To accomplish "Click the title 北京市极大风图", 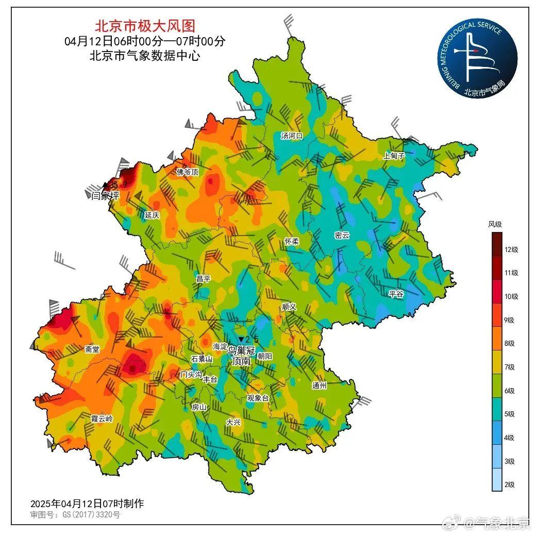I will tap(145, 25).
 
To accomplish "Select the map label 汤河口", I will tap(292, 136).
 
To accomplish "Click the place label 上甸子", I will tap(394, 156).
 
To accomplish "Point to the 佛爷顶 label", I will tap(188, 172).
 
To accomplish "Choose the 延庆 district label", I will tap(152, 215).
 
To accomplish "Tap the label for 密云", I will tap(342, 236).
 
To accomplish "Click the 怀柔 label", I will tap(292, 241).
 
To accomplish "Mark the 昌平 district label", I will tap(203, 278).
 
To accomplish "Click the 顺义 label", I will tap(289, 306).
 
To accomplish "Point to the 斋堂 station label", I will tap(92, 349).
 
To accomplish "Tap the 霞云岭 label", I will tap(102, 418).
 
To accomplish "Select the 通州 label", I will tap(319, 386).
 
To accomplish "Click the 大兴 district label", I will tap(233, 422).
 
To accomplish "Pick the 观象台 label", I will tap(258, 398).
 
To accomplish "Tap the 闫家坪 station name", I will tap(102, 195).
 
